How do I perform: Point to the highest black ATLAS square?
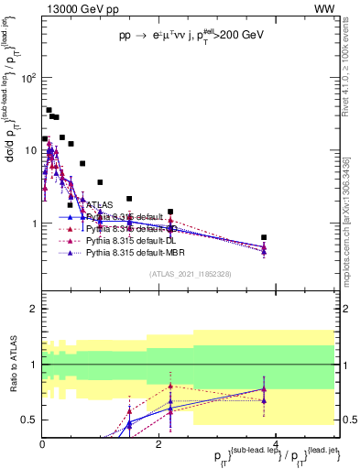[49, 110]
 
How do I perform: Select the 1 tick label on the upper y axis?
[33, 224]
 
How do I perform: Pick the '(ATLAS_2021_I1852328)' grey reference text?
[191, 274]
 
